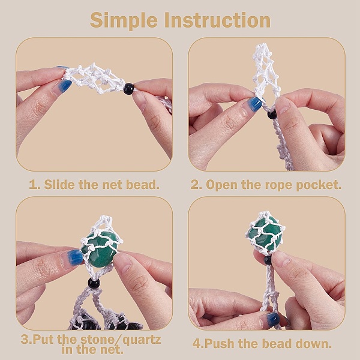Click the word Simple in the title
pos(124,21)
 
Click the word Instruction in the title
pos(217,20)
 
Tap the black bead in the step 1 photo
pos(129,89)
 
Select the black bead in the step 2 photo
pos(272,114)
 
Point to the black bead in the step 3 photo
pos(94,283)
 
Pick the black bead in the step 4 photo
pos(268,260)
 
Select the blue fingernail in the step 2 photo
pos(255,104)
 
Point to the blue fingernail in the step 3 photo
pos(75,257)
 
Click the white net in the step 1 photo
pos(94,78)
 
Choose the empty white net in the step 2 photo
pos(266,71)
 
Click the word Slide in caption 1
pos(59,184)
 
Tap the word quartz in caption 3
pos(142,340)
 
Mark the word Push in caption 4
pos(220,344)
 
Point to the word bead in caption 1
pos(142,184)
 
